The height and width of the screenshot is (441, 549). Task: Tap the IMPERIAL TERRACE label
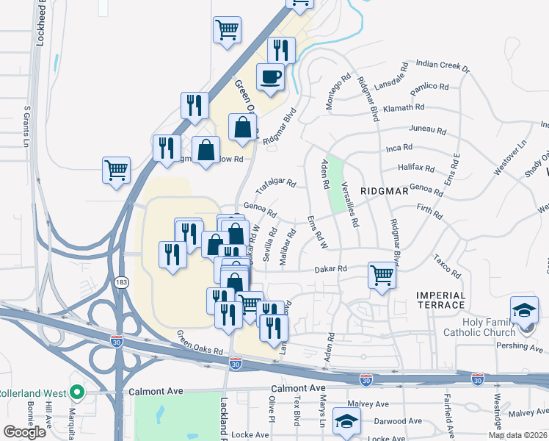point(440,300)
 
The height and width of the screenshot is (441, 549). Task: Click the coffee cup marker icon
point(270,76)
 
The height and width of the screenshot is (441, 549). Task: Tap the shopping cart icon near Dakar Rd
point(382,276)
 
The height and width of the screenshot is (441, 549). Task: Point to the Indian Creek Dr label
point(442,67)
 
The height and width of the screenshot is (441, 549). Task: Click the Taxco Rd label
point(446,268)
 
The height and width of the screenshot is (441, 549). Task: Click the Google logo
point(24,431)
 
